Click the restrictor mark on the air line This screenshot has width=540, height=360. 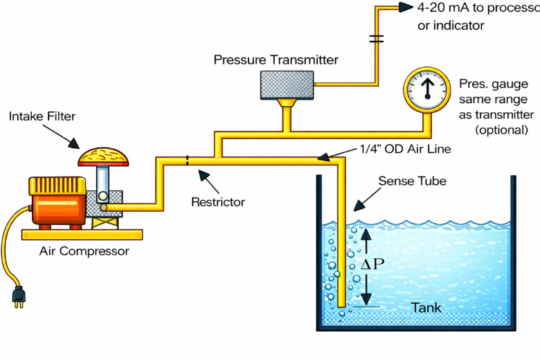[187, 161]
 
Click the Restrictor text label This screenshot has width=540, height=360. [218, 202]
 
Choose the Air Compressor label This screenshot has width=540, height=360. [84, 251]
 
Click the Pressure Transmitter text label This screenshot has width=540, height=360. [276, 60]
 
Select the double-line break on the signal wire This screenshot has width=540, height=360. [377, 39]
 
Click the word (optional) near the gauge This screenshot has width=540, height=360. [501, 129]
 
